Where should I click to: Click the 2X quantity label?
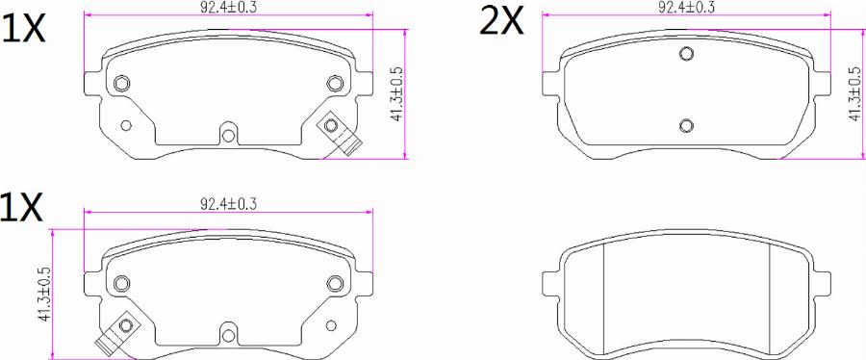click(x=502, y=20)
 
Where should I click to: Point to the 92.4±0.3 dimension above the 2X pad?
click(x=686, y=8)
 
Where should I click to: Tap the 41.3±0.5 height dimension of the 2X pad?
click(x=853, y=93)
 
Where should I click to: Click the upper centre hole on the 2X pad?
click(x=686, y=54)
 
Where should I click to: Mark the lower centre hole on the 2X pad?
click(x=686, y=125)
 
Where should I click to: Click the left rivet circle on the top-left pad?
click(x=121, y=84)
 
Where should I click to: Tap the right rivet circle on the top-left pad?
click(x=334, y=84)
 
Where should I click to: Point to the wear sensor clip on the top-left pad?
click(x=339, y=134)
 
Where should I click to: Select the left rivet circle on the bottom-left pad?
click(x=121, y=282)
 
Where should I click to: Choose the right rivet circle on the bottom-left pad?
click(x=334, y=282)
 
